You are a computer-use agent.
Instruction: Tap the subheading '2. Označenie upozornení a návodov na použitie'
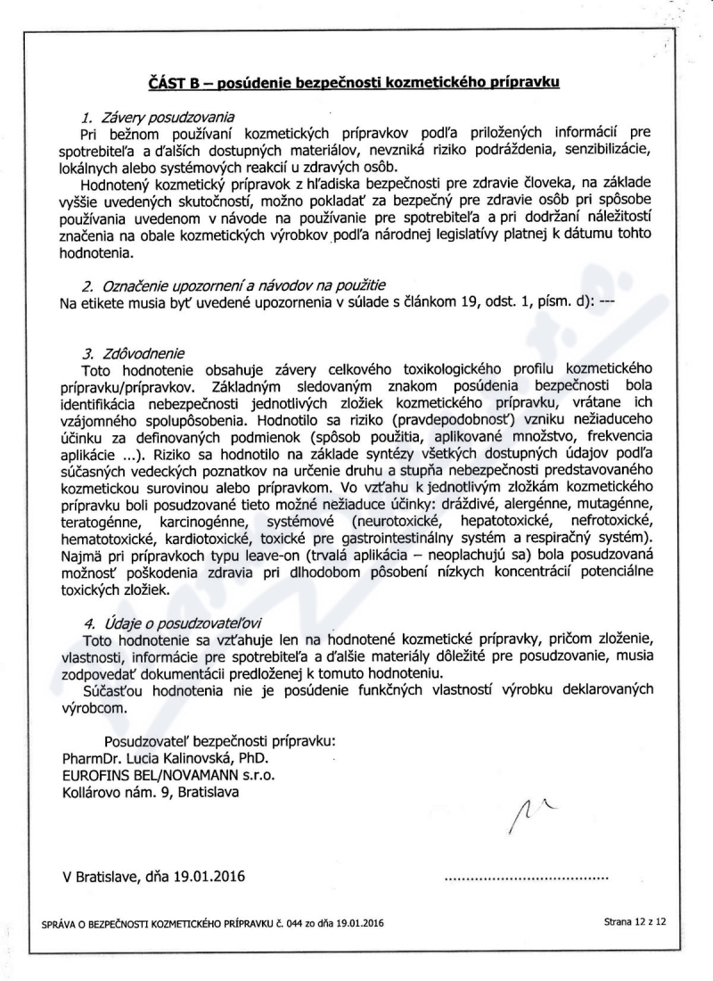234,286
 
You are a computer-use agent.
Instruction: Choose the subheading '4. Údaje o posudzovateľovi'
173,623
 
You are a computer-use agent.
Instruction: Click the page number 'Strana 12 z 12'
635,922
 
